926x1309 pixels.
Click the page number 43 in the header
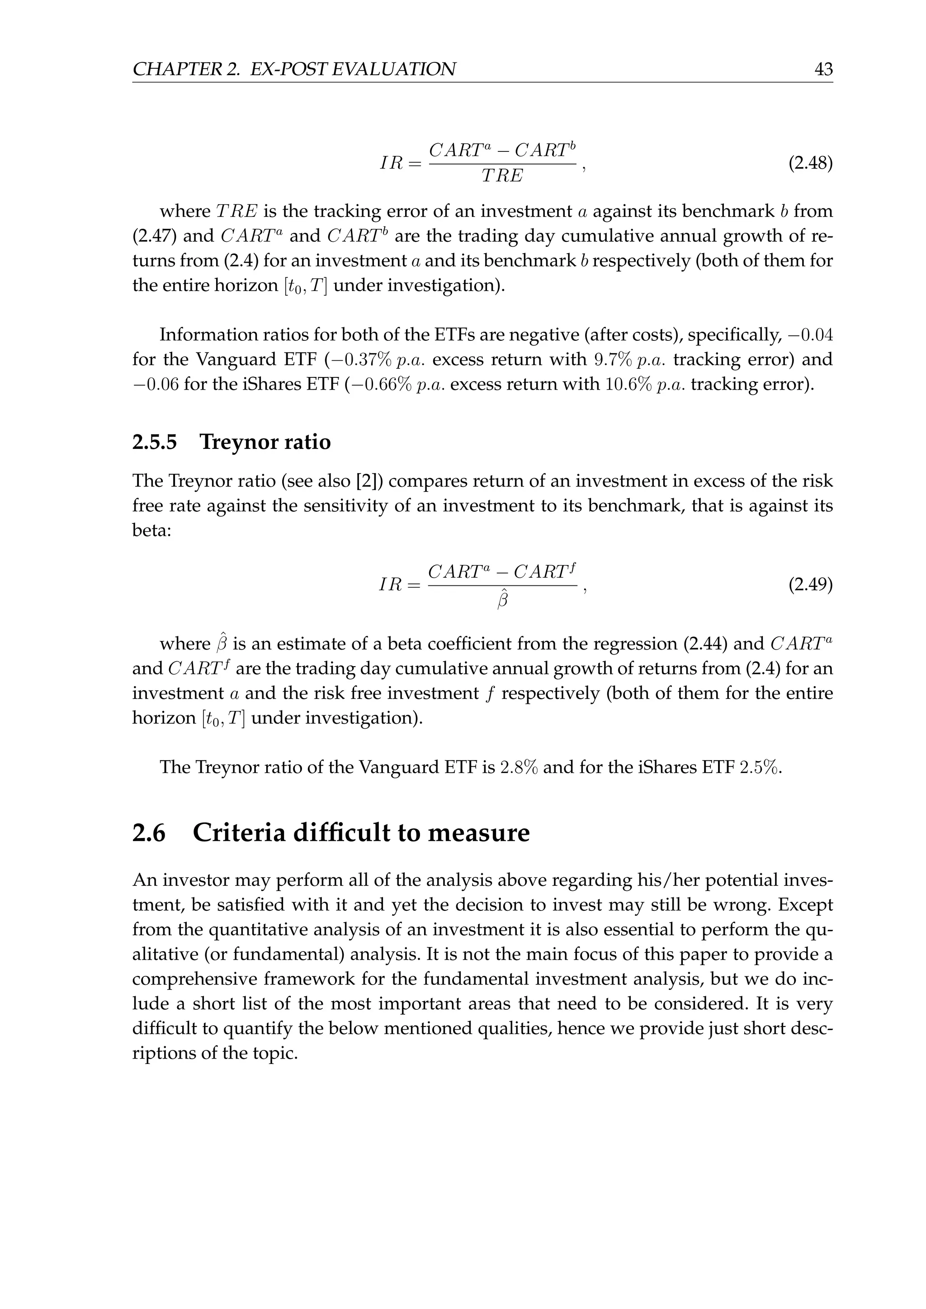pos(823,70)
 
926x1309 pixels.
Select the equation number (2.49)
pos(810,585)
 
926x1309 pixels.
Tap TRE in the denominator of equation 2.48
pos(502,176)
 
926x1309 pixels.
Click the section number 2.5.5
pos(155,442)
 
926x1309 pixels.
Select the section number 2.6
pos(149,833)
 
